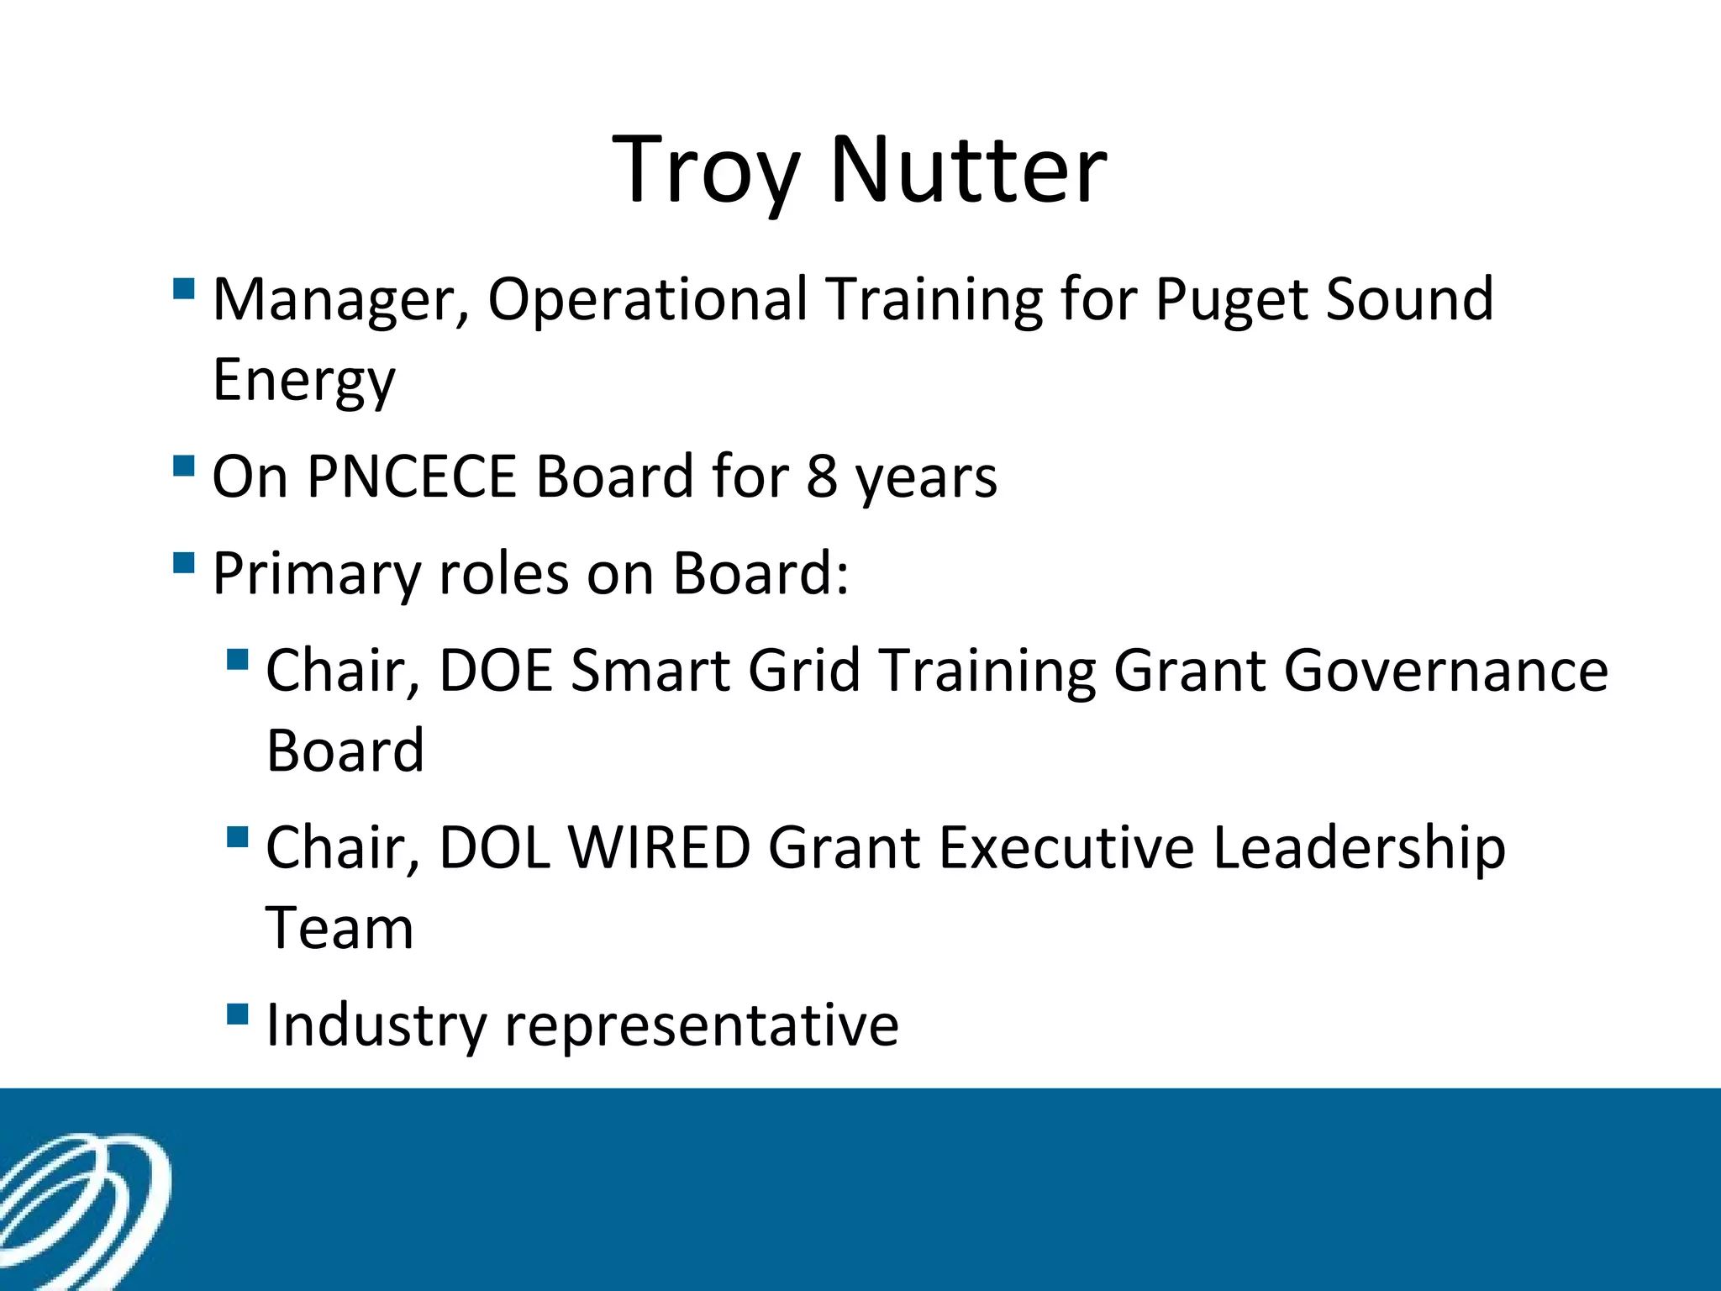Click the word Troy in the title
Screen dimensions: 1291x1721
pyautogui.click(x=704, y=172)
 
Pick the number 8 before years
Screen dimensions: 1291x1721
pyautogui.click(x=821, y=477)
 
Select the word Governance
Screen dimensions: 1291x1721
pyautogui.click(x=1445, y=672)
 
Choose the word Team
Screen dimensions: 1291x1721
pyautogui.click(x=339, y=929)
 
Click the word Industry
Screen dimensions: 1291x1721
pyautogui.click(x=376, y=1026)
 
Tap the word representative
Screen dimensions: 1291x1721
pyautogui.click(x=701, y=1026)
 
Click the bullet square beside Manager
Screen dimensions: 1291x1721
pyautogui.click(x=183, y=289)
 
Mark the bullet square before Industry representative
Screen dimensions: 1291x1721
pyautogui.click(x=238, y=1014)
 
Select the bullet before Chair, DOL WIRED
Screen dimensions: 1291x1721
pyautogui.click(x=238, y=837)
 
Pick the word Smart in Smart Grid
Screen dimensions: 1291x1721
pyautogui.click(x=650, y=672)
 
